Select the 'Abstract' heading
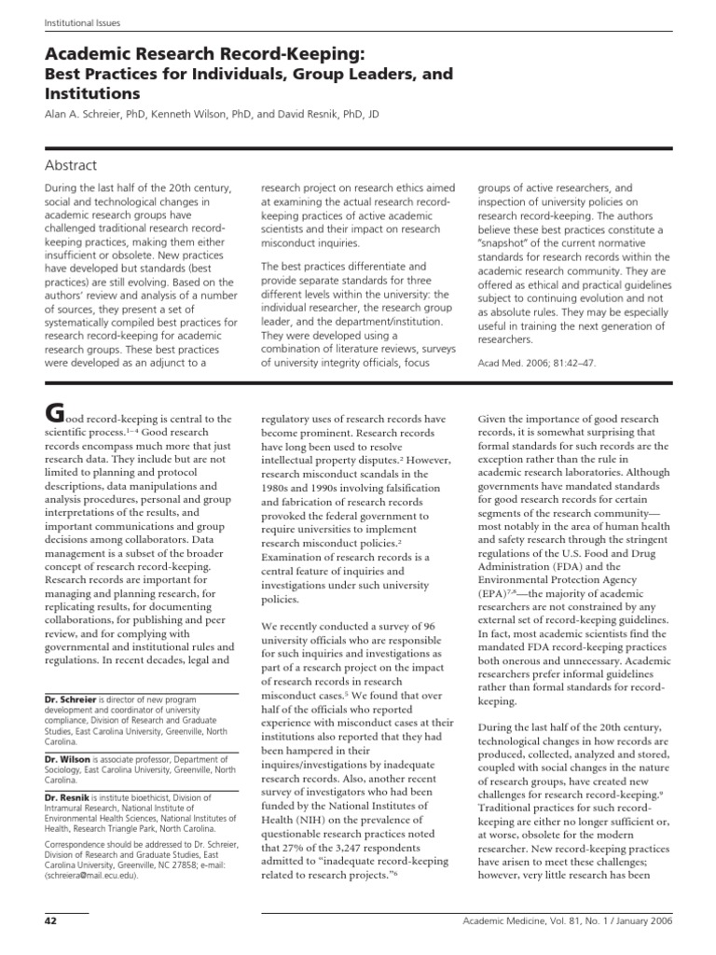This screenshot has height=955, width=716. tap(71, 165)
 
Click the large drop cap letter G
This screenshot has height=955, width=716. tap(56, 411)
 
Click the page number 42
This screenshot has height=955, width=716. tap(51, 922)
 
